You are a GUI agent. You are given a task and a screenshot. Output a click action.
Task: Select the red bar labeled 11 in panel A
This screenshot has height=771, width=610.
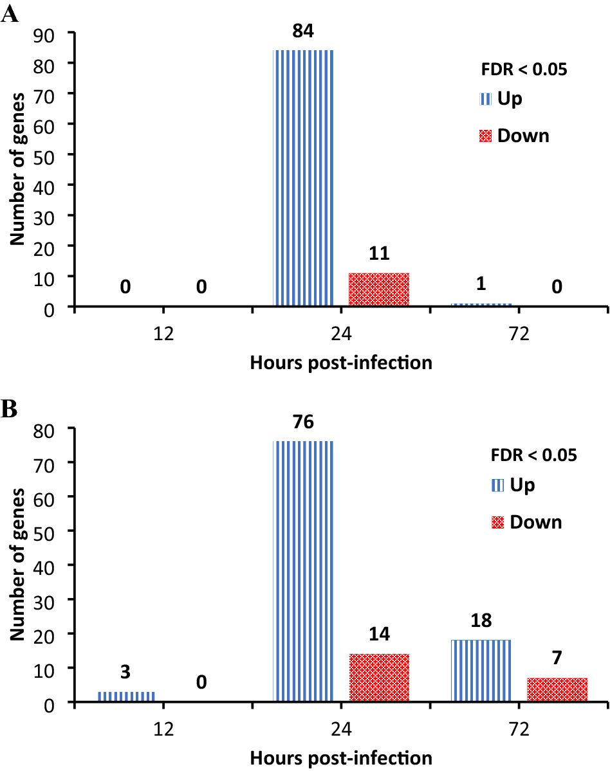379,290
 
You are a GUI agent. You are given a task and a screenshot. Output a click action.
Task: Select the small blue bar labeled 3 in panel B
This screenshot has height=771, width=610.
126,696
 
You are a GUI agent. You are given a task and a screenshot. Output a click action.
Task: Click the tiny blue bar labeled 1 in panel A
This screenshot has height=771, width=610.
481,305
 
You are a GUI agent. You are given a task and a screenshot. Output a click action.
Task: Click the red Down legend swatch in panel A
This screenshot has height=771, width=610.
486,136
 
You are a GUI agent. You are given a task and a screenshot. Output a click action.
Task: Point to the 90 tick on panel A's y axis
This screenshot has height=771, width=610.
49,33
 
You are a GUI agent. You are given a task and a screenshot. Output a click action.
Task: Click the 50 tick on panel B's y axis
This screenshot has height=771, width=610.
49,531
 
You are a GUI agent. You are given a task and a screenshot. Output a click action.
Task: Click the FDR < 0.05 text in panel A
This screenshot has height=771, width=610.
525,70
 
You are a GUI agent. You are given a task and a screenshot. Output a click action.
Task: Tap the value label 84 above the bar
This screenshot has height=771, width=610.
303,32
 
